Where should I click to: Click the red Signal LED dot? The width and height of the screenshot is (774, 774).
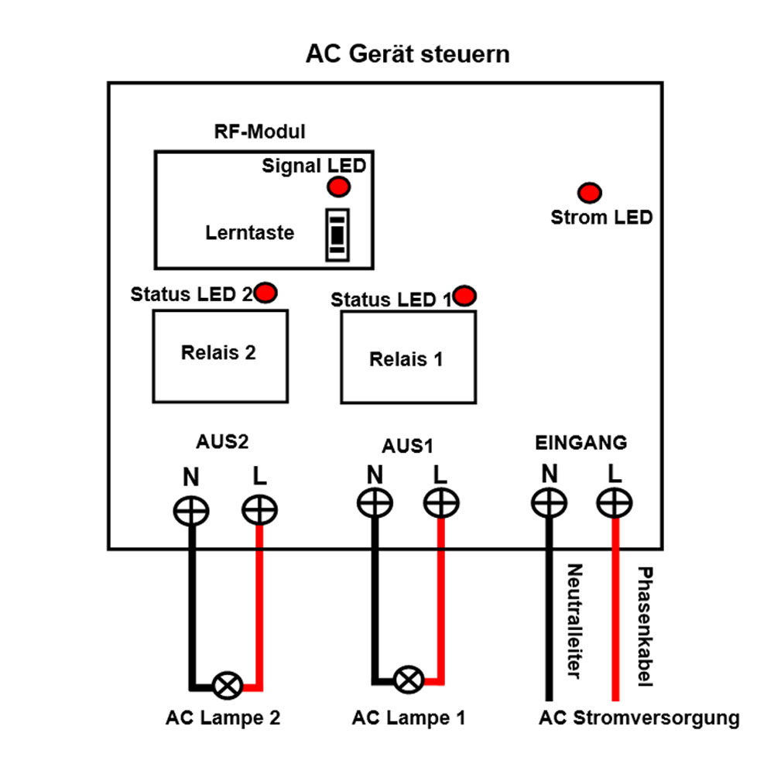(x=338, y=187)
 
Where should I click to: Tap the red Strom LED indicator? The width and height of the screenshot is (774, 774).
(x=591, y=192)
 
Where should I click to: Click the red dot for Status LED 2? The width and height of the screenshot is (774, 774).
(x=266, y=293)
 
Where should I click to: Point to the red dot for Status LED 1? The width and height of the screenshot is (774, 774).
(x=466, y=295)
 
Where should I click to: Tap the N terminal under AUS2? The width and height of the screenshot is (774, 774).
(x=190, y=511)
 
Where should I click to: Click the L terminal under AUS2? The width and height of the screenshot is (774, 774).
(x=259, y=511)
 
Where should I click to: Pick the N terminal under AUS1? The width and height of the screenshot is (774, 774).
(x=375, y=504)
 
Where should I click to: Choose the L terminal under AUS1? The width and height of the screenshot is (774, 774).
(x=441, y=504)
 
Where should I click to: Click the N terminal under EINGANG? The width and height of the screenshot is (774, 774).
(x=549, y=504)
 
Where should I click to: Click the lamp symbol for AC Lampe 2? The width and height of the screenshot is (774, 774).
(x=228, y=684)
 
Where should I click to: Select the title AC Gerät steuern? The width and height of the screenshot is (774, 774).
(x=408, y=55)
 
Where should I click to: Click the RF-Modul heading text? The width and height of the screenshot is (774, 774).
(x=259, y=132)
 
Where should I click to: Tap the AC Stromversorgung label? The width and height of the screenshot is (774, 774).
(x=639, y=717)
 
